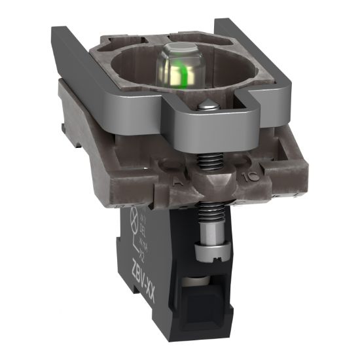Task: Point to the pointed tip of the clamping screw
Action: (x=207, y=105)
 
